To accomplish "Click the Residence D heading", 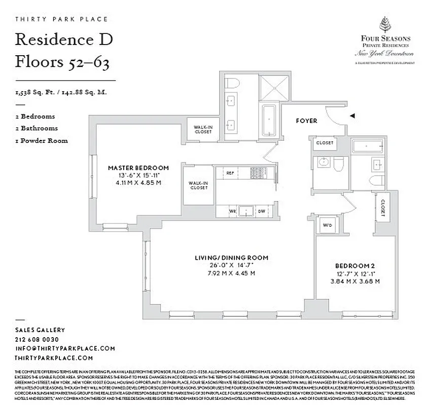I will point(64,39).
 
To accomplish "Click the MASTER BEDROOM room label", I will point(138,168).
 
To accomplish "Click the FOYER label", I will point(307,121).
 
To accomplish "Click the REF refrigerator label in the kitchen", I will point(230,173).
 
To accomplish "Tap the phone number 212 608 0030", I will point(37,339).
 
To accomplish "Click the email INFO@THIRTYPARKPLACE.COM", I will point(65,348).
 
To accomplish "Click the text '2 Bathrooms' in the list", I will point(37,128).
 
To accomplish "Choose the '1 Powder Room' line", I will point(42,140).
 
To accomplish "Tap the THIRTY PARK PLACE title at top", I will point(62,19).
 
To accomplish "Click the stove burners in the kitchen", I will point(255,173).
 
